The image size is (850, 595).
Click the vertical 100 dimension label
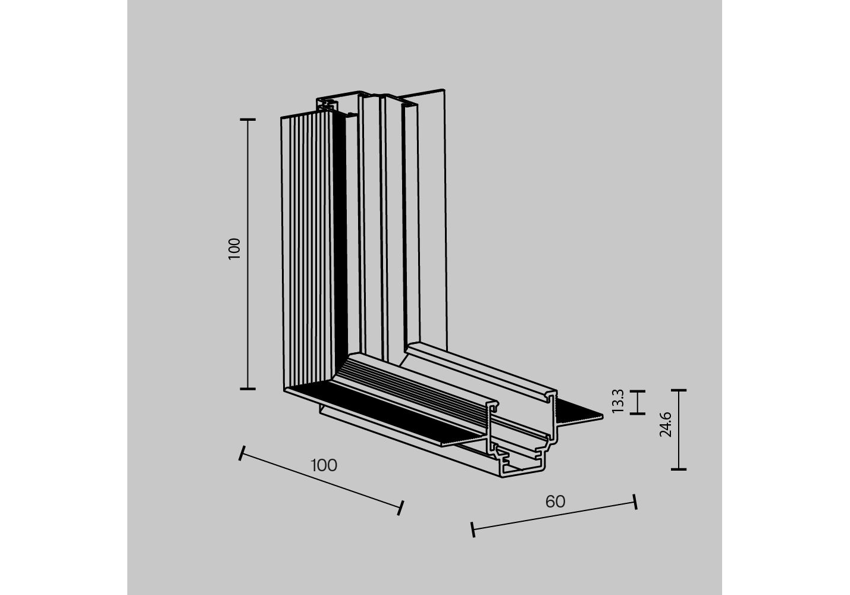[x=234, y=249]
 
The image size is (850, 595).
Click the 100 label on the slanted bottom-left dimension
[x=324, y=466]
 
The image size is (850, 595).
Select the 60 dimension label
[x=555, y=502]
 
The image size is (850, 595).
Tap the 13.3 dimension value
[x=618, y=400]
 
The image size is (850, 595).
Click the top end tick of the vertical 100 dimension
[x=248, y=120]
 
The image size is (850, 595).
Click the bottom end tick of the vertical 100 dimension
[x=248, y=389]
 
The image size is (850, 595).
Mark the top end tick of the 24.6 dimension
[x=679, y=390]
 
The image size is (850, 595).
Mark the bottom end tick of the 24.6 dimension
[x=679, y=469]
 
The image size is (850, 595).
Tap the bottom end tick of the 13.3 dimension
[x=638, y=414]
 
